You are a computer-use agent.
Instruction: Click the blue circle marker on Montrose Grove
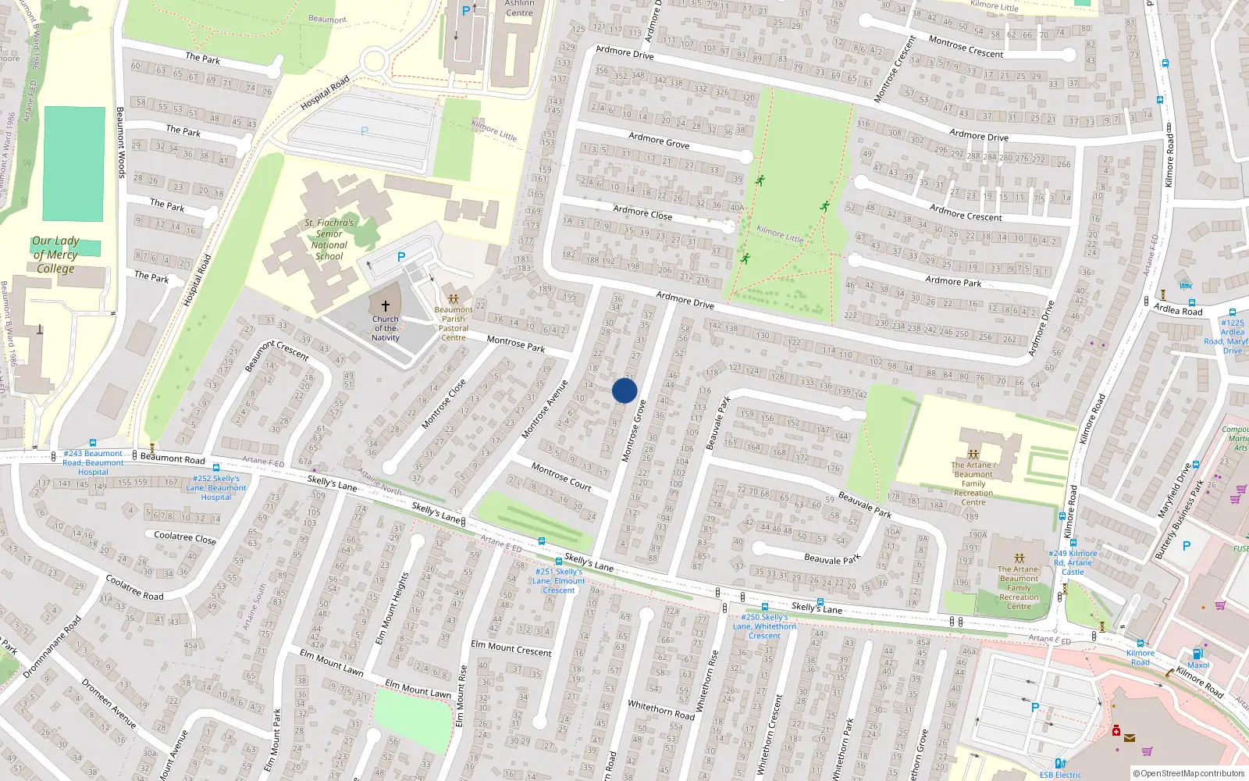click(x=624, y=390)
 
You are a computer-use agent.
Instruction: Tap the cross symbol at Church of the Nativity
click(x=385, y=306)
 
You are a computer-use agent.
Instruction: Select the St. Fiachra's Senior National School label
click(x=329, y=239)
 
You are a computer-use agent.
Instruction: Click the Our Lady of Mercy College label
click(x=55, y=255)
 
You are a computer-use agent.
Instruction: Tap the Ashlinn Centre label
click(x=519, y=9)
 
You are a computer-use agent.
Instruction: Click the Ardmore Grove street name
click(x=659, y=140)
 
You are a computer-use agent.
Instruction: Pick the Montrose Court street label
click(x=561, y=476)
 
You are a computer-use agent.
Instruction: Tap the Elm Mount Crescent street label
click(x=511, y=648)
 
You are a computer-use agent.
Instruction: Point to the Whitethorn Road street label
click(x=661, y=709)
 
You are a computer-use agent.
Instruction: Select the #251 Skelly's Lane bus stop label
click(x=559, y=580)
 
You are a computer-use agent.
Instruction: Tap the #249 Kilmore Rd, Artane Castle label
click(x=1073, y=562)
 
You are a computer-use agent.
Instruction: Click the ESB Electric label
click(x=1061, y=775)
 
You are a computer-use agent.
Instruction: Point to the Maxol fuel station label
click(x=1198, y=665)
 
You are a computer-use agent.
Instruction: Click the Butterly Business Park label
click(x=1180, y=520)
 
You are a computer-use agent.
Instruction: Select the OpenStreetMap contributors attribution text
click(x=1189, y=773)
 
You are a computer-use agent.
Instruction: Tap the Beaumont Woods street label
click(x=120, y=142)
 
